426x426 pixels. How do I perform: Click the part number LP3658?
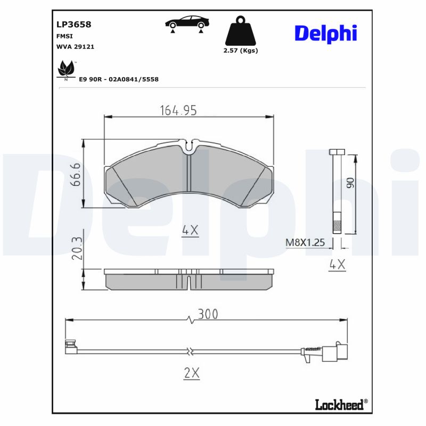click(x=73, y=24)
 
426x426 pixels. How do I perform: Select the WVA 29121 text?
click(x=75, y=47)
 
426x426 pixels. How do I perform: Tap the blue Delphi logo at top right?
click(x=325, y=33)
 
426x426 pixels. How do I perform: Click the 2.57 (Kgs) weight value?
click(x=240, y=51)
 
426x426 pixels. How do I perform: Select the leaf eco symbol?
click(x=65, y=70)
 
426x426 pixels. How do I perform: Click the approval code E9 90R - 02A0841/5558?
click(x=118, y=79)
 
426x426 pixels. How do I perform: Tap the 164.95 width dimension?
click(x=178, y=110)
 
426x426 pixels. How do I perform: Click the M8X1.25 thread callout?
click(x=305, y=243)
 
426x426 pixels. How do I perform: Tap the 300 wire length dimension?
click(x=208, y=314)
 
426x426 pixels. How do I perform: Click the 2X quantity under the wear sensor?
click(x=191, y=373)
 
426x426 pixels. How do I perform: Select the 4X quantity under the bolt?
click(x=338, y=264)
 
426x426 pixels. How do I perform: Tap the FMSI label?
click(x=64, y=36)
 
